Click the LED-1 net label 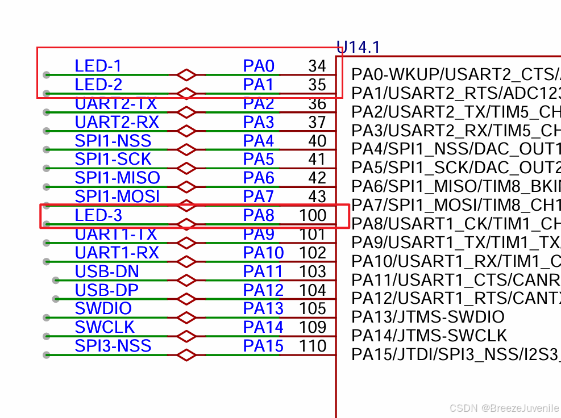[98, 66]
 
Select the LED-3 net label [98, 215]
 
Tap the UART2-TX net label [115, 103]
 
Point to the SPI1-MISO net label [117, 178]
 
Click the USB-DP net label [106, 290]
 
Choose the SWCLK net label [105, 327]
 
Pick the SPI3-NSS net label [113, 346]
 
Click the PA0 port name [259, 66]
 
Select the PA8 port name [259, 215]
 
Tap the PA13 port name [263, 308]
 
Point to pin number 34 [317, 66]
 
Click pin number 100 [313, 215]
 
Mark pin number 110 [313, 346]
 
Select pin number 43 [317, 197]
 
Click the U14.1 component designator [359, 47]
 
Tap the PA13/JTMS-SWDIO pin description [427, 317]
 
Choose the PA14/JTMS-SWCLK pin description [429, 336]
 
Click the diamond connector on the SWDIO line [186, 318]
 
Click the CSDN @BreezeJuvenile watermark [504, 408]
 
